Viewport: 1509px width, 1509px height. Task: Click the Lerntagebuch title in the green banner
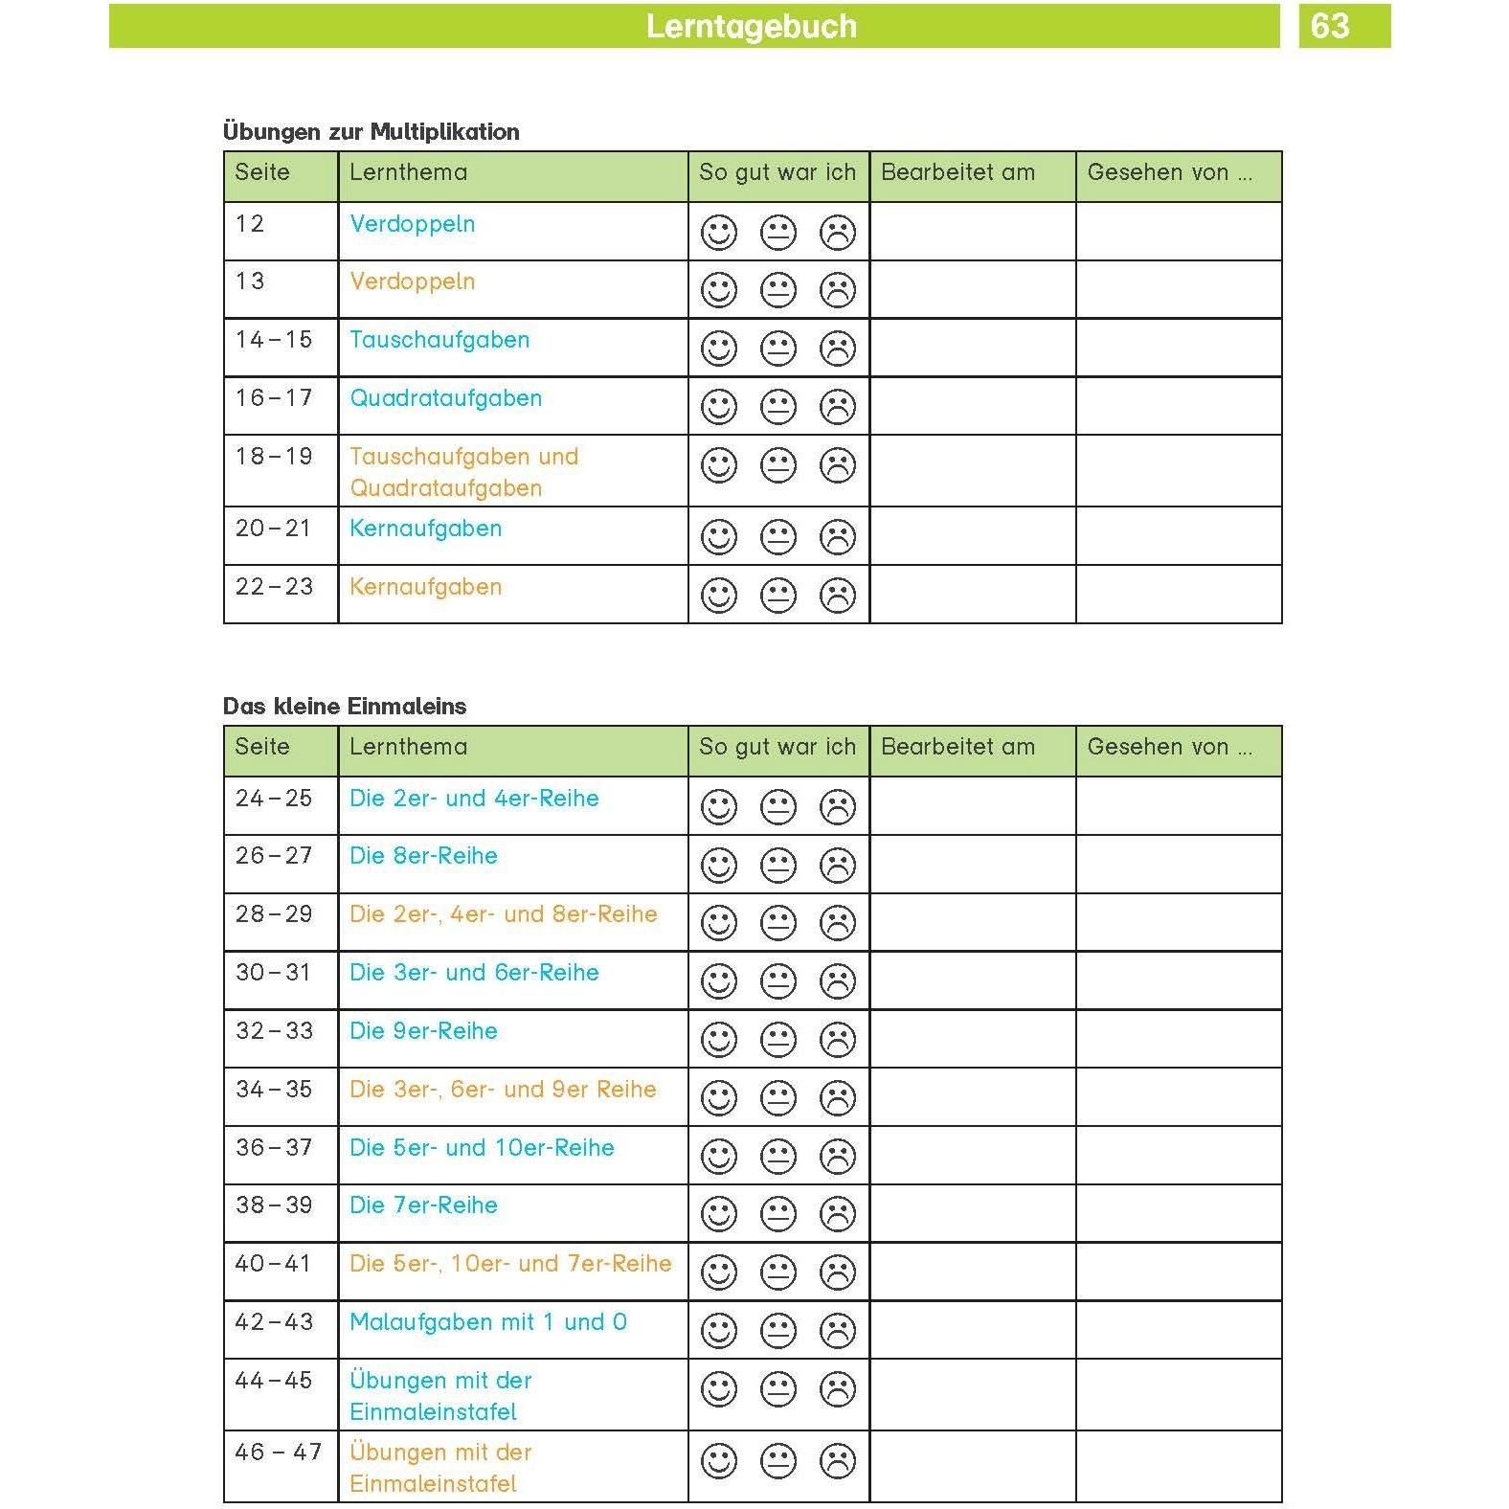click(751, 26)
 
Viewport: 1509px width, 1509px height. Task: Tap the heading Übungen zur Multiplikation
click(371, 131)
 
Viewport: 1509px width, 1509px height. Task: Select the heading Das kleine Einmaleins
click(344, 706)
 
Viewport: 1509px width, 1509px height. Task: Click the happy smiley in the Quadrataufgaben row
click(719, 407)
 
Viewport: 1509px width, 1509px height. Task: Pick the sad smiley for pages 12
click(838, 233)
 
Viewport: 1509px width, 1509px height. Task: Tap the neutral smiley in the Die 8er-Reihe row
click(778, 866)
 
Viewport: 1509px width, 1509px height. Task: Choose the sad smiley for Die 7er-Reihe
click(838, 1214)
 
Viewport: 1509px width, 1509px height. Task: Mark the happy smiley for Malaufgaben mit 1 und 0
click(719, 1331)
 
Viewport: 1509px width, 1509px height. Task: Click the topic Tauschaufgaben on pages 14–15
click(439, 340)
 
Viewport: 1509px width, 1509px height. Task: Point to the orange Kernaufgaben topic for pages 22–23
click(425, 587)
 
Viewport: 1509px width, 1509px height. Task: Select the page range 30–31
click(274, 973)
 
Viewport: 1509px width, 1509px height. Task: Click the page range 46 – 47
click(278, 1453)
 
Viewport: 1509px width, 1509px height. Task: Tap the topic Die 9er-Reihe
click(423, 1031)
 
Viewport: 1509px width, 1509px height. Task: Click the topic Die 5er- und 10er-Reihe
click(482, 1148)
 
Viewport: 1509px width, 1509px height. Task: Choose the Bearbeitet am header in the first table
click(957, 172)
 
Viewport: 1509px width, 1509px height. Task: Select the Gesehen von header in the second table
click(1169, 747)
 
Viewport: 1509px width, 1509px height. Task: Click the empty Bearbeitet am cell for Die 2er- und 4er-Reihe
click(972, 806)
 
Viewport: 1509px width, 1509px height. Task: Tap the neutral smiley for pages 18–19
click(778, 466)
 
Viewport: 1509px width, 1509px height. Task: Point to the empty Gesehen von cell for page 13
click(1178, 289)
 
